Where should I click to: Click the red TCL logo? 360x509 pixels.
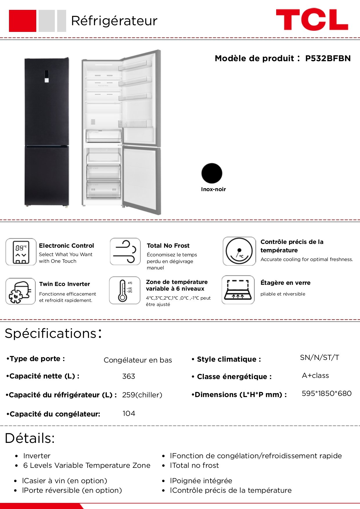click(312, 19)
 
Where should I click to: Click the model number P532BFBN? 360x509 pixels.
click(328, 59)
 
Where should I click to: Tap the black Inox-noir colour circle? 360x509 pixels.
click(212, 173)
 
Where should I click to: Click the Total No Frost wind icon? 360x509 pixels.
click(125, 252)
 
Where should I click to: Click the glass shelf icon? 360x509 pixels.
click(238, 290)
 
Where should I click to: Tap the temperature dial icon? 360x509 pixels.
click(239, 251)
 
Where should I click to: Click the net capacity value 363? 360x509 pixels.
click(129, 376)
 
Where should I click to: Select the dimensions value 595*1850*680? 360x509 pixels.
click(326, 394)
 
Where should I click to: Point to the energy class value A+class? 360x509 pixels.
click(315, 376)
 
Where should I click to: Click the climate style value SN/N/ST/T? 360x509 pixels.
click(319, 358)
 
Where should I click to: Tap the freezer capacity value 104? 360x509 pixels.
click(129, 414)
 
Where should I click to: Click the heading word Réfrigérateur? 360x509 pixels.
click(114, 21)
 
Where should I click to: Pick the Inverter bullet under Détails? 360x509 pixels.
click(37, 456)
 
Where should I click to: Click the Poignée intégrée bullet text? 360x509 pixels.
click(201, 481)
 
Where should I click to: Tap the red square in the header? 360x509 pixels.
click(23, 21)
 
